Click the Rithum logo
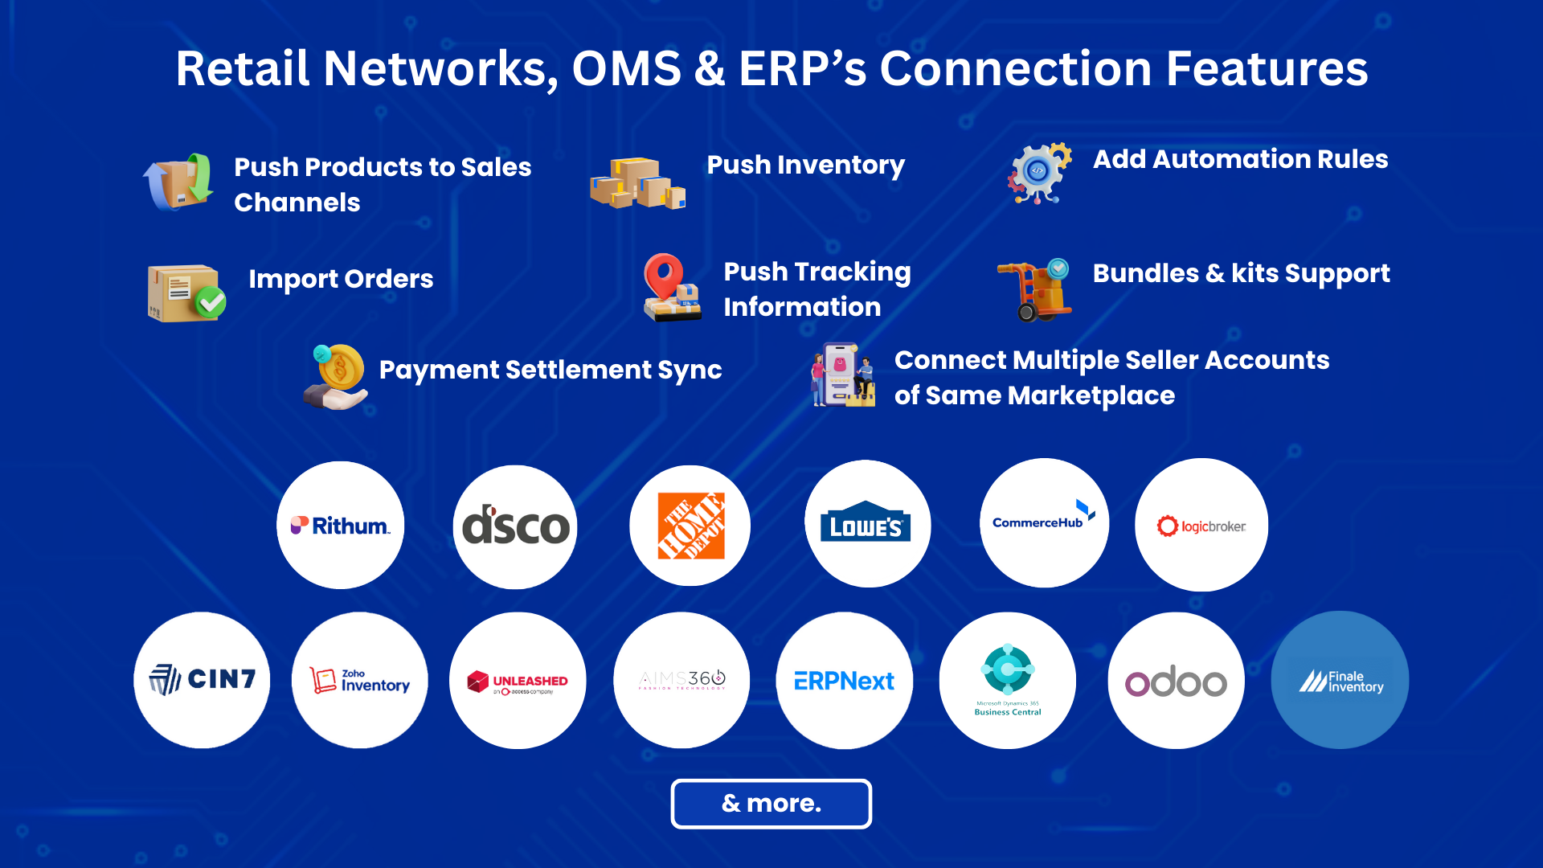tap(341, 526)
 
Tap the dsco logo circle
tap(515, 526)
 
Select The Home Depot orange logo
tap(690, 526)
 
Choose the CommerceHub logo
tap(1043, 522)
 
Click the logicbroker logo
tap(1201, 526)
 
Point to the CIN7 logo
tap(203, 680)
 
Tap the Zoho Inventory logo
tap(360, 680)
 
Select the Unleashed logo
tap(518, 682)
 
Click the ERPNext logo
tap(844, 682)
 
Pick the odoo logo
tap(1176, 682)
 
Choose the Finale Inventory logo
tap(1340, 681)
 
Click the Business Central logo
tap(1008, 680)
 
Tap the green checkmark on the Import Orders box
tap(211, 302)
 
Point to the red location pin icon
tap(664, 274)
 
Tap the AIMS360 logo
tap(681, 680)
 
